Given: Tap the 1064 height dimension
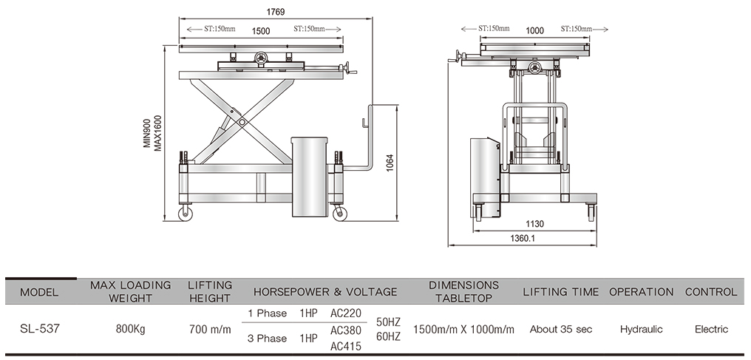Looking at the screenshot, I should point(390,166).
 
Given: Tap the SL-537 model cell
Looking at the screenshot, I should point(40,330).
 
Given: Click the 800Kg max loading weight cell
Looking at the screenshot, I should point(130,330).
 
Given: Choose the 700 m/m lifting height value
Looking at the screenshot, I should point(210,330).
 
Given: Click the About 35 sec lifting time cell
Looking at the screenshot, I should point(560,330).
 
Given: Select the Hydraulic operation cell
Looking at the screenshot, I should point(641,330).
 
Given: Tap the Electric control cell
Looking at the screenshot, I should point(711,330).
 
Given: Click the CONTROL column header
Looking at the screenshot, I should point(711,292).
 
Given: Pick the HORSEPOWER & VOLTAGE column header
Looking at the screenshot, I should point(325,292).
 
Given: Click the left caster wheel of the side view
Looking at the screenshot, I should point(186,214).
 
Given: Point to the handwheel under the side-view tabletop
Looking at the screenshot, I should point(261,58).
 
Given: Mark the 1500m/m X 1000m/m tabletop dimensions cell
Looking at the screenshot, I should point(463,330).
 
